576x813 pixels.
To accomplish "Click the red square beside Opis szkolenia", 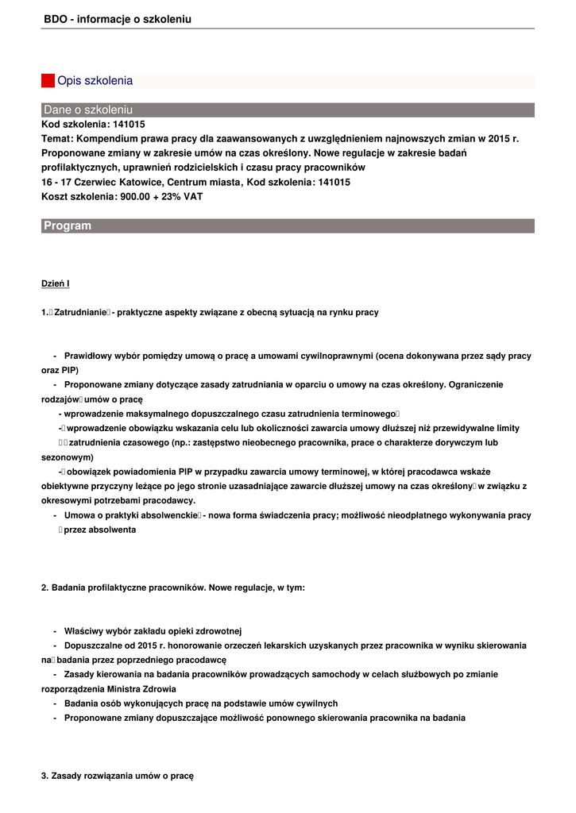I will coord(48,81).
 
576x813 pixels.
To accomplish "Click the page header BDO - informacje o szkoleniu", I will coord(118,19).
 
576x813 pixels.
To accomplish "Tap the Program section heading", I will coord(68,226).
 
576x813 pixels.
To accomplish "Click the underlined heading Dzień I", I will coord(56,283).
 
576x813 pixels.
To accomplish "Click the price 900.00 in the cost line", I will coord(136,196).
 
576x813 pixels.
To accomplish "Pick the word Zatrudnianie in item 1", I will coord(80,313).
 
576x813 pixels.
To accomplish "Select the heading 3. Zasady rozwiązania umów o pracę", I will coord(118,776).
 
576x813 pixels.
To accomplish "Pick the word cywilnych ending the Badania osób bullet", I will coord(317,703).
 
